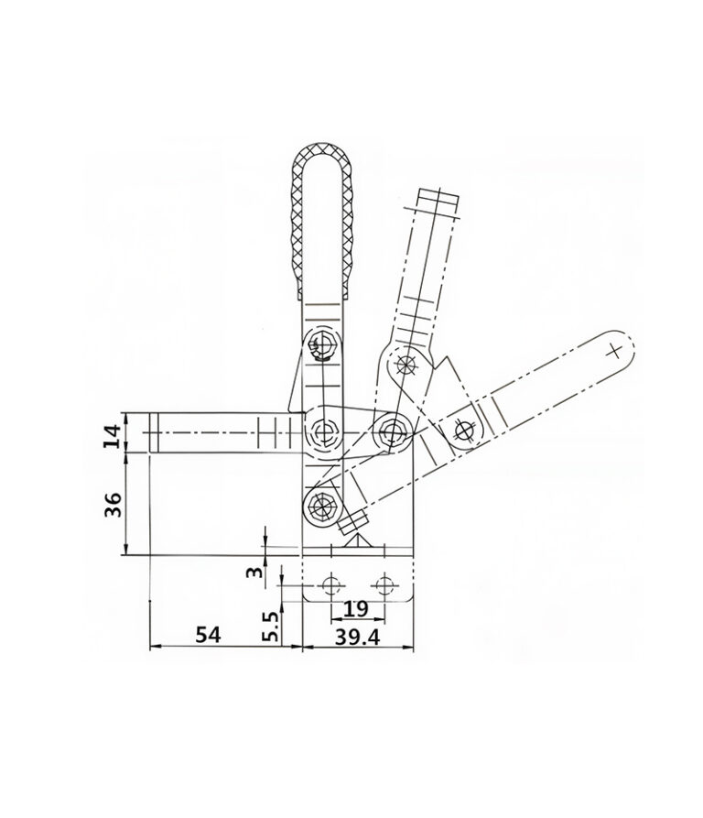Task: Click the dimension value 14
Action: click(x=112, y=436)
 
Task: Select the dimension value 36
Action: click(x=114, y=504)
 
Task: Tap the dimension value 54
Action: click(x=209, y=635)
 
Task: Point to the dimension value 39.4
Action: click(x=358, y=637)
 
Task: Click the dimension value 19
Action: click(x=356, y=608)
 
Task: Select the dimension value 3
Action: click(x=254, y=573)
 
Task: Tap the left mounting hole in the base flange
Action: click(x=330, y=585)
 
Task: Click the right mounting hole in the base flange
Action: click(x=385, y=585)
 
